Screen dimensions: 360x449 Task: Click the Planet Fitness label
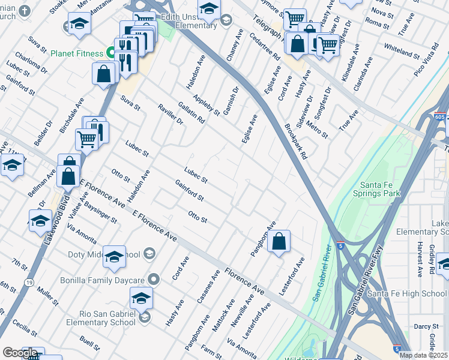(77, 53)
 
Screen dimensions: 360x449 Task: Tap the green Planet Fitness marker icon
(111, 53)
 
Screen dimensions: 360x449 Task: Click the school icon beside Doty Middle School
(114, 256)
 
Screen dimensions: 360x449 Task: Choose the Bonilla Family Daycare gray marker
(154, 279)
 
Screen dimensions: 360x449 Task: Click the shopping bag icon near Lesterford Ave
(280, 242)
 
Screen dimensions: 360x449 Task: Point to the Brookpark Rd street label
(296, 142)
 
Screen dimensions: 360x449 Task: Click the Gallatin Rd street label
(191, 112)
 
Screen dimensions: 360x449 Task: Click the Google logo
(20, 353)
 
